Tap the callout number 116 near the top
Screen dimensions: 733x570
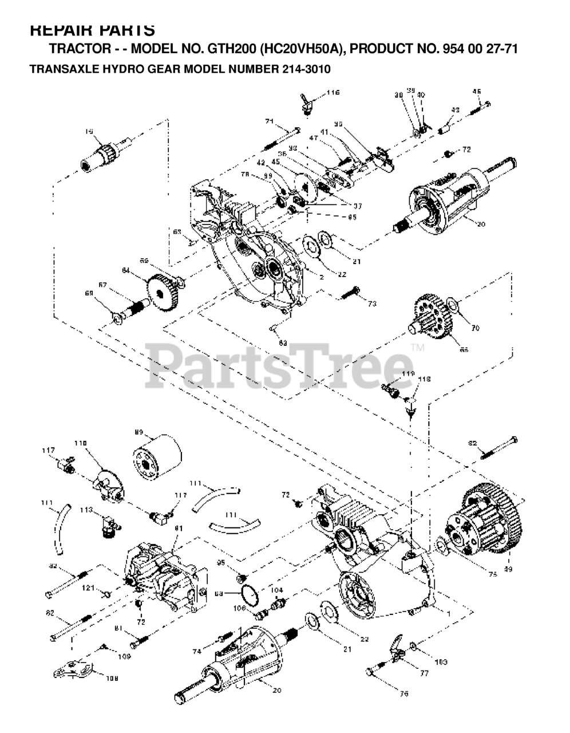tap(333, 92)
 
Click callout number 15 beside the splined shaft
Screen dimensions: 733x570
tap(89, 131)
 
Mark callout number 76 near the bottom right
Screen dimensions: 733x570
tap(404, 694)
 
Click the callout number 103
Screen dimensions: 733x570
tap(441, 662)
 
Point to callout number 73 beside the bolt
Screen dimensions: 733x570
tap(372, 304)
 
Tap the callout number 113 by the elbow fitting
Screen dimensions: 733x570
tap(86, 509)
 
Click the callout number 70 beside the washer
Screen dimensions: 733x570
tap(475, 328)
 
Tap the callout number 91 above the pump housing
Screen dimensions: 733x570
tap(178, 528)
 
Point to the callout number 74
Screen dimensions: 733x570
tap(197, 652)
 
